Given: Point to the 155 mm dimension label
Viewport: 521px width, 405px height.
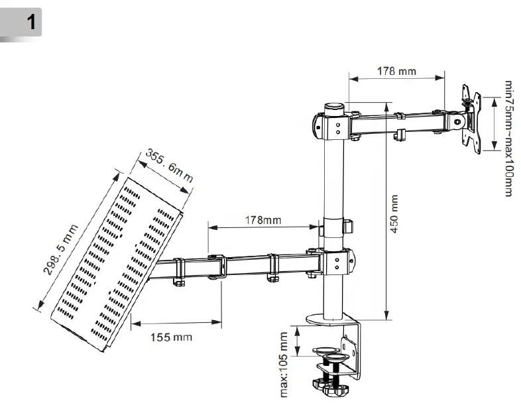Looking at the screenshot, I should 170,337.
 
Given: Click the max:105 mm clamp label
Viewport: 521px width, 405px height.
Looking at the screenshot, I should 284,365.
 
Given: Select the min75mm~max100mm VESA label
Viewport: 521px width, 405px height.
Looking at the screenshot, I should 508,139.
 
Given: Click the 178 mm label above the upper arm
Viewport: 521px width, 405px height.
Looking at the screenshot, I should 396,70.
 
